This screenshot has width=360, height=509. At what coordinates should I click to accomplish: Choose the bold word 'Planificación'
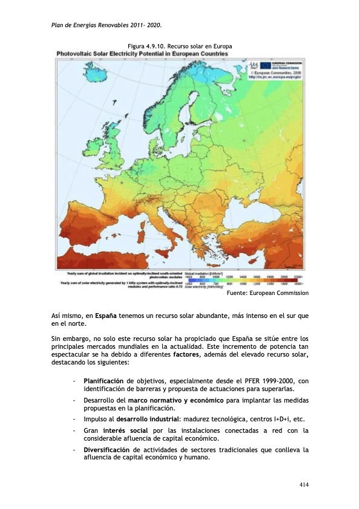pos(103,381)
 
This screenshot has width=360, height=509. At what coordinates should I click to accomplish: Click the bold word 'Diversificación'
pos(106,450)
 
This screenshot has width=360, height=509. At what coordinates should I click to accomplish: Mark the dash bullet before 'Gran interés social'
pos(73,430)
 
